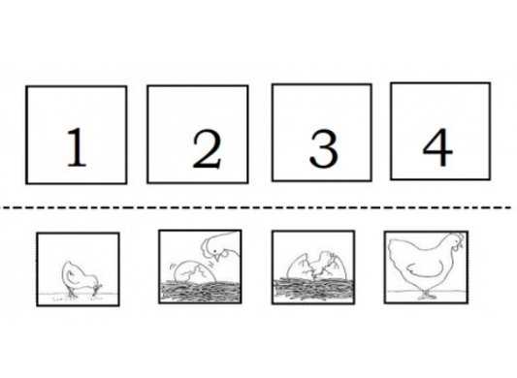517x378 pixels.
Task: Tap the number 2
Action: [208, 148]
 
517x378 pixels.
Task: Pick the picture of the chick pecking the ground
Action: [77, 268]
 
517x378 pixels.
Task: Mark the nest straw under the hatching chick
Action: [311, 286]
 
